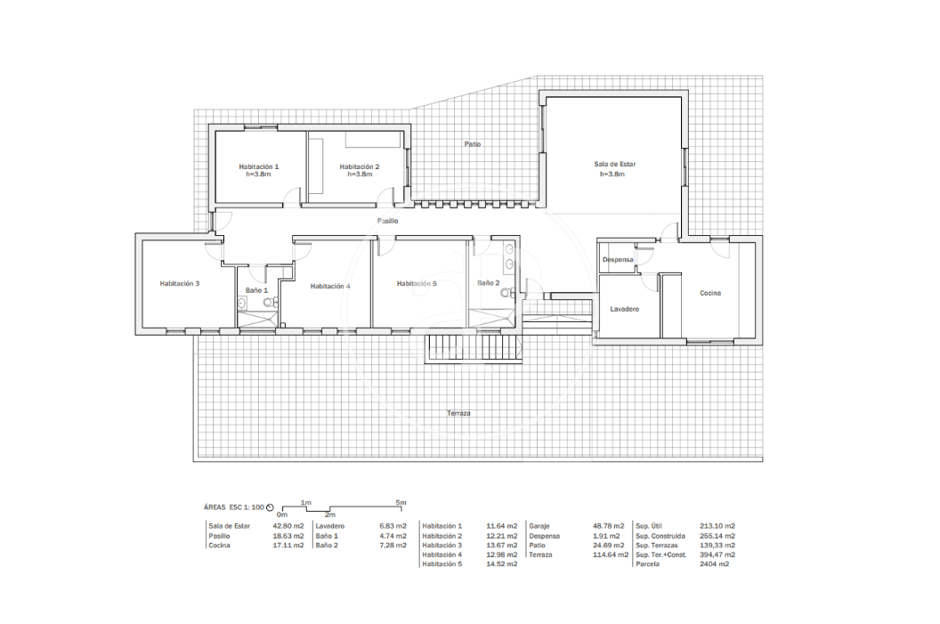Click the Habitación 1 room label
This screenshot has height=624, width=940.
tap(259, 166)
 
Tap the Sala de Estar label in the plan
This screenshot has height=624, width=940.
tap(614, 164)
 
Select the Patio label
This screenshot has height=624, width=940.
tap(473, 144)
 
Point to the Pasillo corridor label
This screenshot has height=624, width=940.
tap(387, 221)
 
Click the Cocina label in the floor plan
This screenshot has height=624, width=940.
tap(710, 293)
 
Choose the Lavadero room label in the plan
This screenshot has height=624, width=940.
tap(625, 309)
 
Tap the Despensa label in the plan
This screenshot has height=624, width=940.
tap(618, 260)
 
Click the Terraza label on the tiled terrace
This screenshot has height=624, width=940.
tap(458, 413)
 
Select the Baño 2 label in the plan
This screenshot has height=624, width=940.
tap(489, 283)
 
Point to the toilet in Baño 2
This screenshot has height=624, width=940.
tap(507, 293)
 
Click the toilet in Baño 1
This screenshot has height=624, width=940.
tap(269, 302)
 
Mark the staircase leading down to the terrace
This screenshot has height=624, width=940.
tap(474, 348)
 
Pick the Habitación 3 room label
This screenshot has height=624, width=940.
tap(180, 284)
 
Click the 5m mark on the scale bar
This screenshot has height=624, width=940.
tap(401, 502)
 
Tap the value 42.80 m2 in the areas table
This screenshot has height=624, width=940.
tap(288, 526)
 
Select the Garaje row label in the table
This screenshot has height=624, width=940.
tap(539, 526)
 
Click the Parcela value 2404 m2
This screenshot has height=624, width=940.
tap(714, 564)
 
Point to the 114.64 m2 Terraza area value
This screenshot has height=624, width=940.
tap(611, 555)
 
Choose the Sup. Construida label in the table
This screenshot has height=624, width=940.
tap(660, 536)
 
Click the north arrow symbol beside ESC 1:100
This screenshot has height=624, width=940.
tap(270, 507)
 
